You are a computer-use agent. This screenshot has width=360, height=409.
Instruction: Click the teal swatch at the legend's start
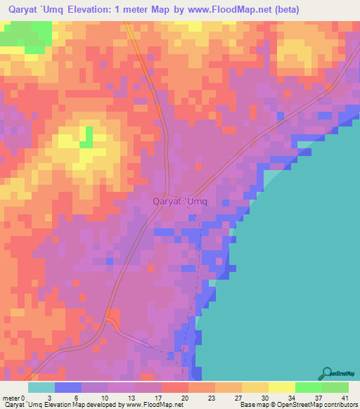click(41, 387)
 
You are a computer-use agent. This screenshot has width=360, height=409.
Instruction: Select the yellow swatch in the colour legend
click(281, 387)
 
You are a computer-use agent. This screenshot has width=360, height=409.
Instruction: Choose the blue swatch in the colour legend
click(68, 387)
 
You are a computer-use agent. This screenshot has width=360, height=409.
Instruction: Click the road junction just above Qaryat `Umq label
click(167, 194)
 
